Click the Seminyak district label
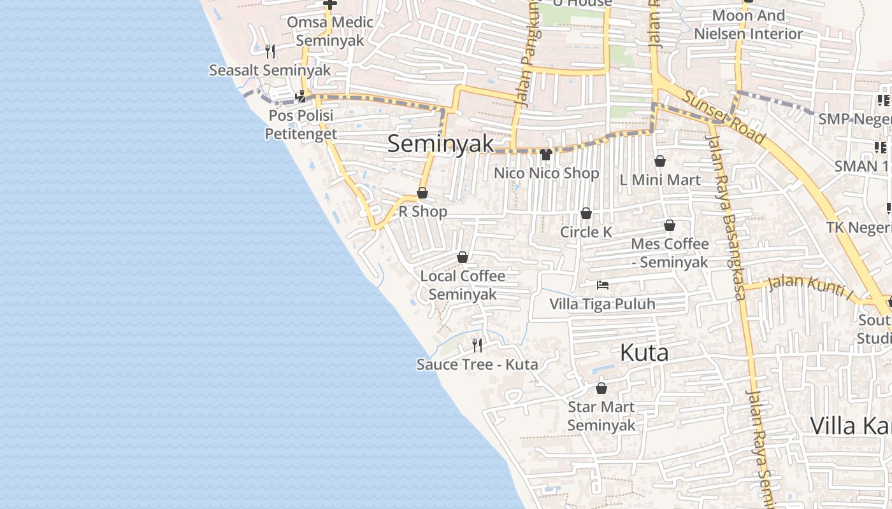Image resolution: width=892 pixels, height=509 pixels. tap(440, 144)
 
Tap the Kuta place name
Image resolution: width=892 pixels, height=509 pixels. tap(644, 352)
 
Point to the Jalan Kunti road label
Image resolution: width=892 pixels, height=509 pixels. tap(809, 285)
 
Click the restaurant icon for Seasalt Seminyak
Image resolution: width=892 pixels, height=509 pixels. tap(270, 51)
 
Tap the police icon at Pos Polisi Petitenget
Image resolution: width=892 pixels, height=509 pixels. tap(301, 97)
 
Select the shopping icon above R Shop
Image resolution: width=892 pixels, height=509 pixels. tap(422, 193)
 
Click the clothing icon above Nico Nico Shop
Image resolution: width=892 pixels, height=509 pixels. tap(546, 154)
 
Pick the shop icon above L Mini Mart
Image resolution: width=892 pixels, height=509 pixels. tap(660, 161)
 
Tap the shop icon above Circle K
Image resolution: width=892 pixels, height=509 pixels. tap(586, 213)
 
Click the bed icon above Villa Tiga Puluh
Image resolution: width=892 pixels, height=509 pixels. tap(602, 284)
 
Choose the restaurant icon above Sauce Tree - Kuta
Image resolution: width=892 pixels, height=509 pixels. tap(477, 345)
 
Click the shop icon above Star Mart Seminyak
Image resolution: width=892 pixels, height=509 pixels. tap(601, 387)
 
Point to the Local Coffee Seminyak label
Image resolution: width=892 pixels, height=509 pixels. tap(463, 285)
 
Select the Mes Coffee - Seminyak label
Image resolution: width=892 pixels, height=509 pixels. tap(670, 253)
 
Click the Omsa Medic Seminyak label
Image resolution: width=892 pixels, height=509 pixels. tap(330, 31)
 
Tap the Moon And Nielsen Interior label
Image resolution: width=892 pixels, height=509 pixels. tap(748, 24)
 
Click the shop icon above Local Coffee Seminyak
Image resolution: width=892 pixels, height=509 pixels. tap(463, 257)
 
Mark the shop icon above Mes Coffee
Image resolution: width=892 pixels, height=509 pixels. tap(670, 225)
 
